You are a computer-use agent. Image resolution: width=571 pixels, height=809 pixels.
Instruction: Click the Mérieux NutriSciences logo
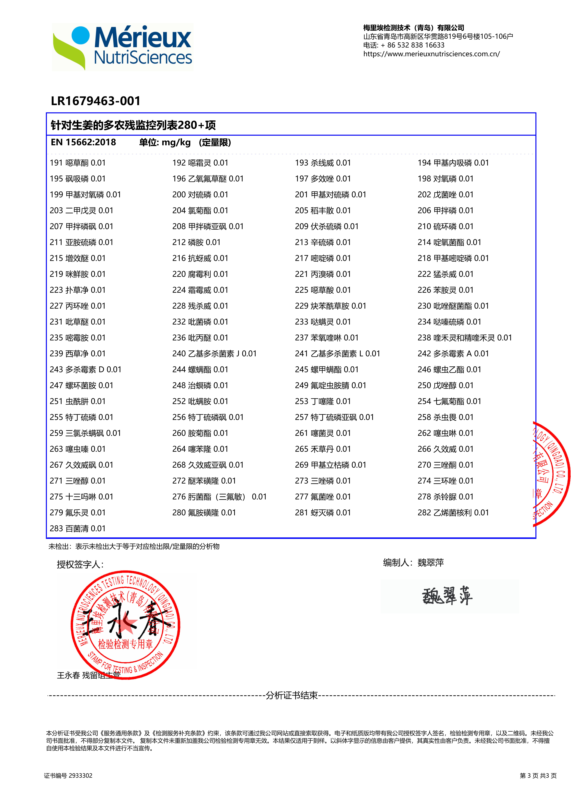pyautogui.click(x=122, y=47)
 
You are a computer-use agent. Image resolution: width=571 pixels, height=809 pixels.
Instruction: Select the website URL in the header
pyautogui.click(x=431, y=54)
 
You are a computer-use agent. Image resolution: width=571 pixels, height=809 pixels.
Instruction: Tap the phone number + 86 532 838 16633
pyautogui.click(x=412, y=45)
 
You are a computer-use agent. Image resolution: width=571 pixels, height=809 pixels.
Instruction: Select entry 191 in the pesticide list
pyautogui.click(x=78, y=163)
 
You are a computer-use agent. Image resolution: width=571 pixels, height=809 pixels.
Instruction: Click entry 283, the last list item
pyautogui.click(x=78, y=528)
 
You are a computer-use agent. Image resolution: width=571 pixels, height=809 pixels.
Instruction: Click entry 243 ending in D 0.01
pyautogui.click(x=85, y=370)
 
